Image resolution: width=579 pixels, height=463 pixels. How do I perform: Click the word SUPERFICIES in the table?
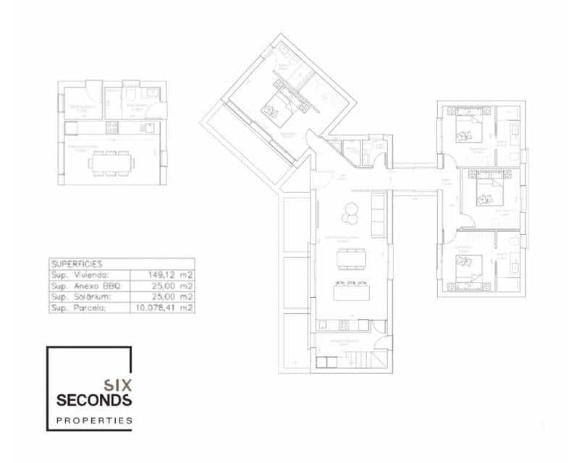(77, 264)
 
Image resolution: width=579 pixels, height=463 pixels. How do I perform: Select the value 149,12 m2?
(162, 275)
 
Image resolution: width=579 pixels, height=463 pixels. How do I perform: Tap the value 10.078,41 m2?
(161, 307)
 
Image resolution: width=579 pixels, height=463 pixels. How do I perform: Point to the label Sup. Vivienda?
(80, 275)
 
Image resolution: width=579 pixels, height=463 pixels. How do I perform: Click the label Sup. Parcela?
(78, 307)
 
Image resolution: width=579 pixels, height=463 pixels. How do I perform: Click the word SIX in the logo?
(117, 386)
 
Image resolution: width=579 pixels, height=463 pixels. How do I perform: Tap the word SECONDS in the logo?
(94, 400)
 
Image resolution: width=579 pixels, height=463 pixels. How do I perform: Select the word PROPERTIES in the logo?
(94, 420)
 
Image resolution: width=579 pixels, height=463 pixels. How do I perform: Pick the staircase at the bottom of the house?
(360, 360)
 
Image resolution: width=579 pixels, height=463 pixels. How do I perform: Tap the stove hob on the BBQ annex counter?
(112, 127)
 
